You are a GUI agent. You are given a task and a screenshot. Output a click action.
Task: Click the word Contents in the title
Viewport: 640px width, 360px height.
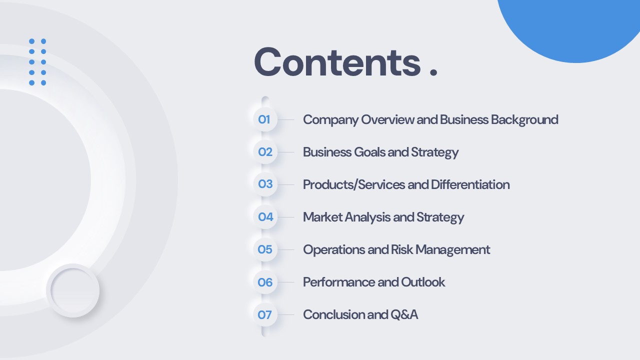tap(337, 62)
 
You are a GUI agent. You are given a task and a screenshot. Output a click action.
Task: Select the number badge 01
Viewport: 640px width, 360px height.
tap(265, 119)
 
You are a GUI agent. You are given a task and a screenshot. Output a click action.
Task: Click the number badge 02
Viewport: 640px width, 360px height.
tap(265, 152)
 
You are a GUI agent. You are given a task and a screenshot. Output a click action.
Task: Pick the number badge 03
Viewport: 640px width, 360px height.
tap(265, 184)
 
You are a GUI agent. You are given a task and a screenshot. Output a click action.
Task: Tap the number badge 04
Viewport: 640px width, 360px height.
tap(265, 217)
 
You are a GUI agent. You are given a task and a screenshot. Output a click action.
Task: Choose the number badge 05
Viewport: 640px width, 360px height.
tap(265, 249)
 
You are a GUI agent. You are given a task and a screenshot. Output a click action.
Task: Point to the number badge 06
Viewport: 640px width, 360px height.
tap(265, 282)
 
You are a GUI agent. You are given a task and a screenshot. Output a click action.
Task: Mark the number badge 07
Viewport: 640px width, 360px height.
tap(265, 314)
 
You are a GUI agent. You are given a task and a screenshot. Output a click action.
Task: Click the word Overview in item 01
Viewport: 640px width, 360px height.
tap(387, 119)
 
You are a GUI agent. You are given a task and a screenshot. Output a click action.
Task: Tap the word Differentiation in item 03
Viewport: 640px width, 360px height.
tap(470, 184)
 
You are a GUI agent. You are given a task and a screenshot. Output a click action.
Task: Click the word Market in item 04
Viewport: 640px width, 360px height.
tap(322, 217)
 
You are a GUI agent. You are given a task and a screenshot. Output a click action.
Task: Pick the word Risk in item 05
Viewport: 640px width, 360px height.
tap(401, 249)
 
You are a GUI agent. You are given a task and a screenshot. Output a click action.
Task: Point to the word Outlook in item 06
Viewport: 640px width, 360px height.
tap(423, 282)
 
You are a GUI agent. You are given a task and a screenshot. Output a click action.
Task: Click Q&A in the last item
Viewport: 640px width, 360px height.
tap(404, 315)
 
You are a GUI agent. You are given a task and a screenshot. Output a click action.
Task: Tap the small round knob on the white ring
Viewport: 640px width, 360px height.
tap(73, 290)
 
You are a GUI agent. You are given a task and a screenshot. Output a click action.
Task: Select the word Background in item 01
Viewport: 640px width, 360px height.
tap(524, 120)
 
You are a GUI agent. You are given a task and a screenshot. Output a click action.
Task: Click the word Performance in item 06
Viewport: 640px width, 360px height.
tap(339, 282)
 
